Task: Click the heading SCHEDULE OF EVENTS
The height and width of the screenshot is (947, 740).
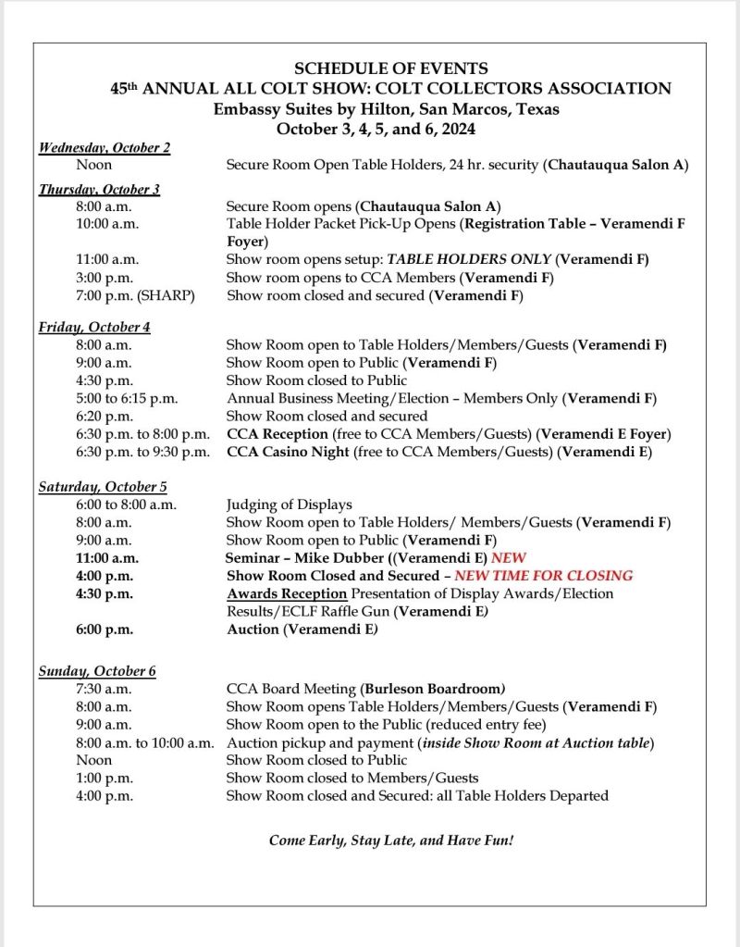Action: (390, 69)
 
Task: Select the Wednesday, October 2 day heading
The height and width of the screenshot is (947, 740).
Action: (104, 147)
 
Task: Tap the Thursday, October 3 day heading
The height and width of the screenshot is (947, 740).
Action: (99, 189)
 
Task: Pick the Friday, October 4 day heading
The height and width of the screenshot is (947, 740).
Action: (94, 327)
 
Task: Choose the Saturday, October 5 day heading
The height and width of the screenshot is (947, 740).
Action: (103, 486)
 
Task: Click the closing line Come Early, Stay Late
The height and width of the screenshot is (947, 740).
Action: (390, 840)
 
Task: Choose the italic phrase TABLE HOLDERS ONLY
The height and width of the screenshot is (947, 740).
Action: (469, 260)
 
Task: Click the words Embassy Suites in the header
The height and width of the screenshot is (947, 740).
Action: (267, 109)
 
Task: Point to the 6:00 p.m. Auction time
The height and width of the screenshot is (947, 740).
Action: (105, 629)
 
